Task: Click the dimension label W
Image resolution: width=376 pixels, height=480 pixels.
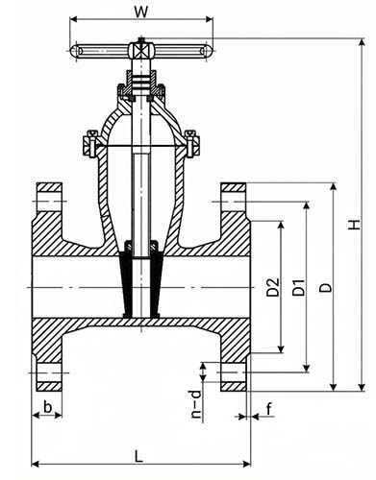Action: point(141,12)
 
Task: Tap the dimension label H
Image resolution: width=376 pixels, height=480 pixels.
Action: point(354,225)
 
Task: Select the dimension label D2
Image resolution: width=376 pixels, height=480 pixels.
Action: point(273,287)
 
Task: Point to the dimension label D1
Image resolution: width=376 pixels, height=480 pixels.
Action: point(299,287)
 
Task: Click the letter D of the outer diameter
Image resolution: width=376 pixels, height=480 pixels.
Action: point(326,287)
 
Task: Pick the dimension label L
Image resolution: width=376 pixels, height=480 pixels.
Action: point(138,456)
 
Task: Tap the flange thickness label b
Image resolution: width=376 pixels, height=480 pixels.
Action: point(48,407)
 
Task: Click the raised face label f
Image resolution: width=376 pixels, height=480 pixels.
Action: point(269,409)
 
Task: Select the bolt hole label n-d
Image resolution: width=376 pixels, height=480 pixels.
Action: point(196,404)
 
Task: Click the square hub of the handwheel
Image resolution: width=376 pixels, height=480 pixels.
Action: point(141,51)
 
